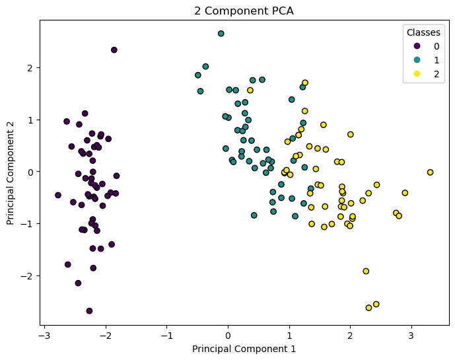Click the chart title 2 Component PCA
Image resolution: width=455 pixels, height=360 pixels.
pyautogui.click(x=244, y=11)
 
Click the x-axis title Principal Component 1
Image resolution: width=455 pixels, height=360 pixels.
pyautogui.click(x=244, y=348)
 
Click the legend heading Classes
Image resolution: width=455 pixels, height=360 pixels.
pyautogui.click(x=423, y=32)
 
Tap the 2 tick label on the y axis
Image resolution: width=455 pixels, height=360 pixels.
pyautogui.click(x=30, y=67)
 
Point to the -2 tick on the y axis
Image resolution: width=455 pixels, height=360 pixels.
pyautogui.click(x=28, y=275)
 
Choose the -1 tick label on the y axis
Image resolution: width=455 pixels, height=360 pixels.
pyautogui.click(x=28, y=223)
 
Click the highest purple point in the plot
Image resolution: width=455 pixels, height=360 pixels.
pyautogui.click(x=114, y=50)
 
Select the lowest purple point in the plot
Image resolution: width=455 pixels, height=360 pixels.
pyautogui.click(x=89, y=310)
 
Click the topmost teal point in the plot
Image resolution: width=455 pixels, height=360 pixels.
pyautogui.click(x=221, y=33)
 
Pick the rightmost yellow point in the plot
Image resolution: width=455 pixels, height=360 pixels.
pyautogui.click(x=430, y=172)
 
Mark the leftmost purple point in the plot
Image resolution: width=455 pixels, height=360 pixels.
pyautogui.click(x=58, y=196)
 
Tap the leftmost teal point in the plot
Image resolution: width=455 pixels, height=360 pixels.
pyautogui.click(x=198, y=75)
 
